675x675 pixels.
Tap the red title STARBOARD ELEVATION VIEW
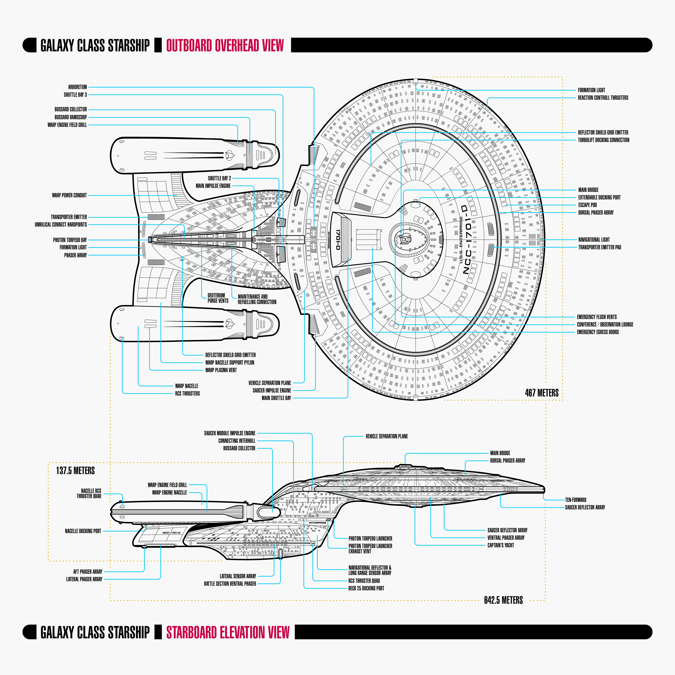pos(228,633)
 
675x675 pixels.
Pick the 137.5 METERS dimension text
pos(75,471)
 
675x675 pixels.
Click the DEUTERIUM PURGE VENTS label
pos(218,298)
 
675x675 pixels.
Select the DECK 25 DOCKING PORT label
pos(366,588)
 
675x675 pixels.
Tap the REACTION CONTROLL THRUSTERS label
pos(603,98)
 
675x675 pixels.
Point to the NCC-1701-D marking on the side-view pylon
pos(171,533)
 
